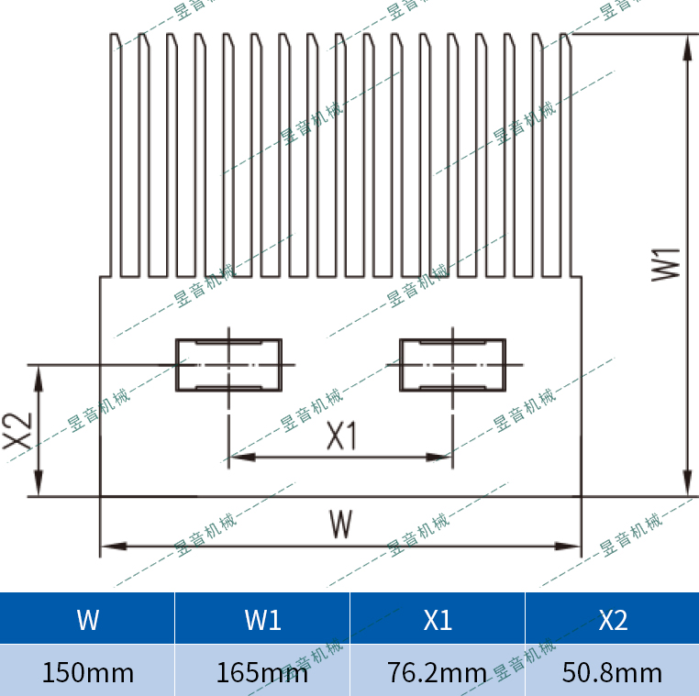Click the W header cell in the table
click(87, 618)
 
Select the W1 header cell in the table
click(262, 618)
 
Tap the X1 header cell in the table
click(438, 618)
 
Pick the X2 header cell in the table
click(613, 618)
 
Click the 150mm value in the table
click(88, 672)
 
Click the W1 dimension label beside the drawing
click(666, 265)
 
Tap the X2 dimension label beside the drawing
click(17, 431)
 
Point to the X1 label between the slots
click(342, 436)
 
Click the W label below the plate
click(341, 524)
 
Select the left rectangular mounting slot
click(228, 365)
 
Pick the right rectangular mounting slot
click(452, 365)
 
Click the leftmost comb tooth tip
click(115, 34)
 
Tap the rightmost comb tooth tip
click(565, 34)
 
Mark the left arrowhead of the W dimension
click(113, 546)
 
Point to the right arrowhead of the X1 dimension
click(439, 458)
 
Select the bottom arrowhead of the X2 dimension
click(39, 483)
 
